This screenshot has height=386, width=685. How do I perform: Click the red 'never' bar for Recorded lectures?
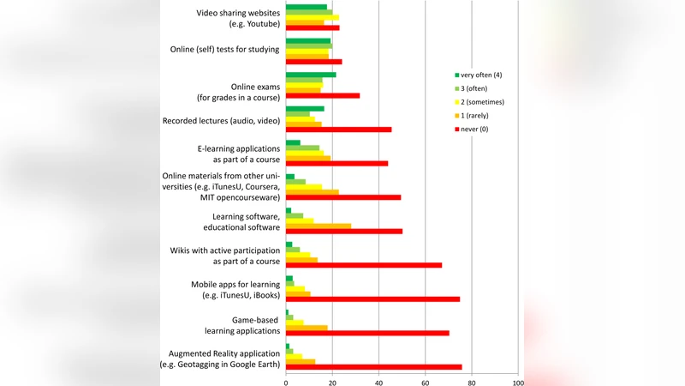pyautogui.click(x=338, y=130)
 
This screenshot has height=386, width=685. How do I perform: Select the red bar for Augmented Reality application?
pyautogui.click(x=373, y=367)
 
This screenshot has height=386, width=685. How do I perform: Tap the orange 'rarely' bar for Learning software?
pyautogui.click(x=318, y=226)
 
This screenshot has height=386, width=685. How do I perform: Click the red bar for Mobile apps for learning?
pyautogui.click(x=372, y=299)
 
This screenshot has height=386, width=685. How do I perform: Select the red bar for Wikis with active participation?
pyautogui.click(x=364, y=265)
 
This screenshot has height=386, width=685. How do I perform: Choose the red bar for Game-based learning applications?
pyautogui.click(x=367, y=333)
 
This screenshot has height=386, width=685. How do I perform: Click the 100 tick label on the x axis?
pyautogui.click(x=518, y=383)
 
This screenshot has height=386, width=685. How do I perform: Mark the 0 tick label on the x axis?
pyautogui.click(x=286, y=383)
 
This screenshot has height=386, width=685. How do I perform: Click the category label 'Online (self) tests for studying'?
pyautogui.click(x=224, y=50)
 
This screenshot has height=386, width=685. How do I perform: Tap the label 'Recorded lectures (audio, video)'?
pyautogui.click(x=221, y=121)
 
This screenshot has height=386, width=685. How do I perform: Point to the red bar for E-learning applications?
pyautogui.click(x=337, y=163)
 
